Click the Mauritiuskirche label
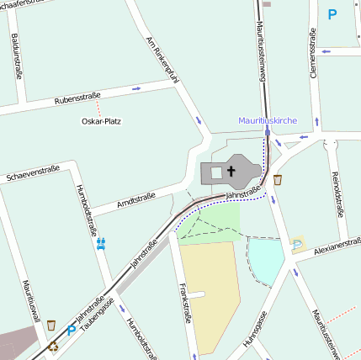(267, 120)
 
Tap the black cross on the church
(231, 172)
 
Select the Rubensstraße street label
(77, 99)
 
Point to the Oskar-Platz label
(101, 121)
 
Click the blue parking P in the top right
(332, 14)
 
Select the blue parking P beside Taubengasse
(71, 331)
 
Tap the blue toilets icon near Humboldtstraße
(101, 244)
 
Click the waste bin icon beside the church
(278, 179)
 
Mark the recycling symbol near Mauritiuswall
(54, 344)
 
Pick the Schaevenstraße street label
(32, 174)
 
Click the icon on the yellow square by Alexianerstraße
(298, 244)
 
